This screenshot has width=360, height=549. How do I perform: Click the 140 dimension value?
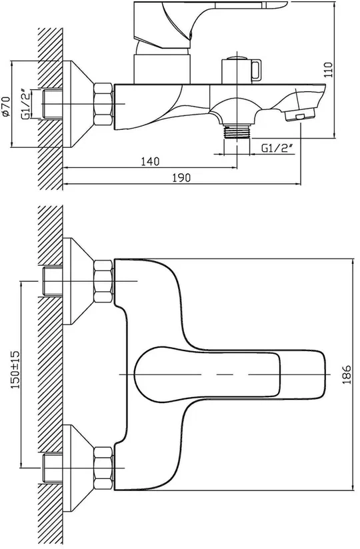click(150, 161)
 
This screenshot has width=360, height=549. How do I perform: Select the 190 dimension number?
click(181, 178)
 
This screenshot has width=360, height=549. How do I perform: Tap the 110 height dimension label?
click(328, 70)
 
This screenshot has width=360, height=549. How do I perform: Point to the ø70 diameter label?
click(6, 106)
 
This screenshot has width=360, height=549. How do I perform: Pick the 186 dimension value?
click(347, 374)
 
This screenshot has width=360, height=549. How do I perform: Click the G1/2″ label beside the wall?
click(26, 104)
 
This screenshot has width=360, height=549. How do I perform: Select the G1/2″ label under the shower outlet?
click(277, 149)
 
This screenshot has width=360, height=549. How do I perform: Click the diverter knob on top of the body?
click(241, 69)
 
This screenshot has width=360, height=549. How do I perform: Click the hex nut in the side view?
click(103, 104)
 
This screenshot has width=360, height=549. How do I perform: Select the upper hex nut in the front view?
click(103, 280)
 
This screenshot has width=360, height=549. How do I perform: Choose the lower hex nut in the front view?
click(103, 468)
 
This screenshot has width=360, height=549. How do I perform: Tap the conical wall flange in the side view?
click(78, 104)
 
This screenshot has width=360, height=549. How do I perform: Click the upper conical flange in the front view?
click(78, 281)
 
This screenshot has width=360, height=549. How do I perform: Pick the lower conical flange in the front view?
click(78, 468)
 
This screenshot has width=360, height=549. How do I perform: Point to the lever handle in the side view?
click(210, 23)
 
